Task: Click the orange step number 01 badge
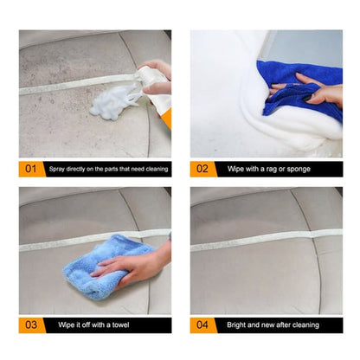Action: (x=30, y=170)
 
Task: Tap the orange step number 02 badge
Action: (x=202, y=170)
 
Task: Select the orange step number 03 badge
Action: (x=30, y=325)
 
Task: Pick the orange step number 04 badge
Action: (x=202, y=325)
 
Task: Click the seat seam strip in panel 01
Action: (x=69, y=87)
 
